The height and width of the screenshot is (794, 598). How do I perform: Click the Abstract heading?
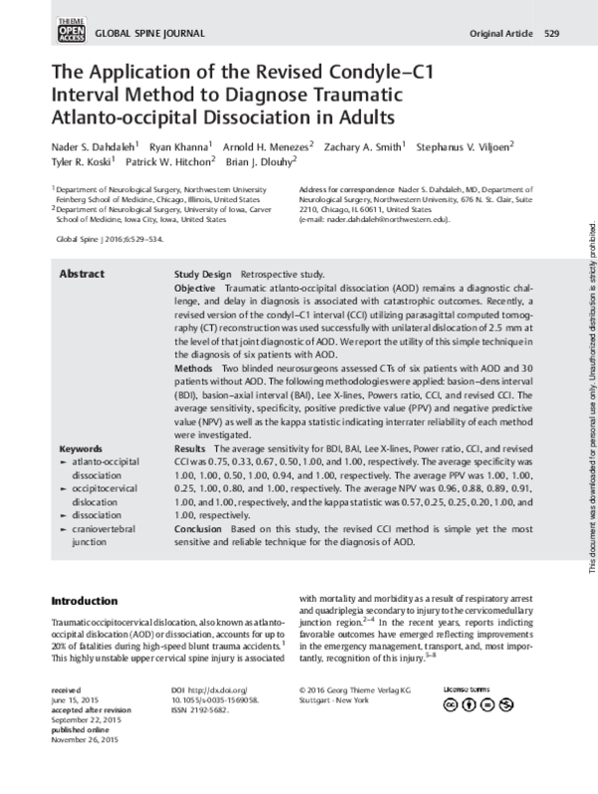pyautogui.click(x=81, y=273)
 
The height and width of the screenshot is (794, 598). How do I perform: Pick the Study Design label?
pyautogui.click(x=204, y=273)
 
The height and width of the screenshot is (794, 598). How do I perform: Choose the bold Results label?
pyautogui.click(x=192, y=448)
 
